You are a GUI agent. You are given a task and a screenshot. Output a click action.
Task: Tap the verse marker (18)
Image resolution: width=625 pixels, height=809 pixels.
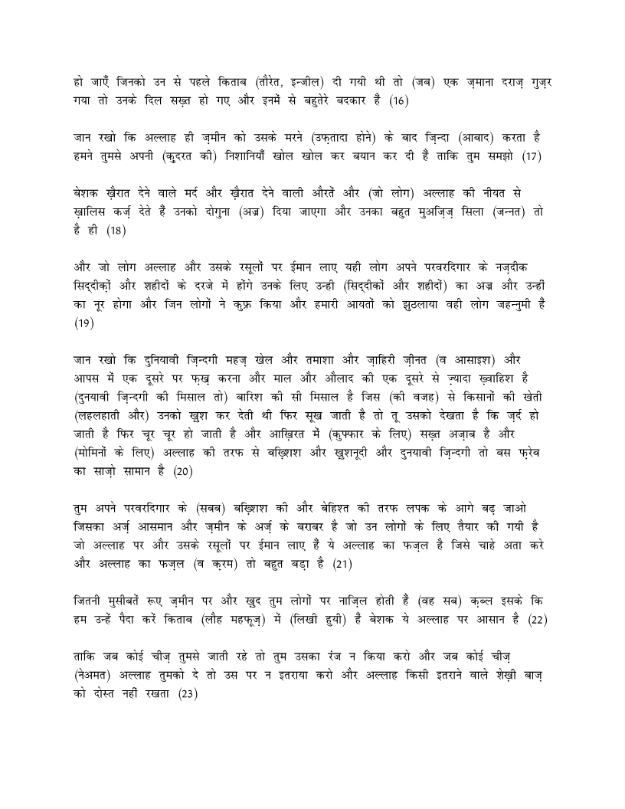point(116,229)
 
